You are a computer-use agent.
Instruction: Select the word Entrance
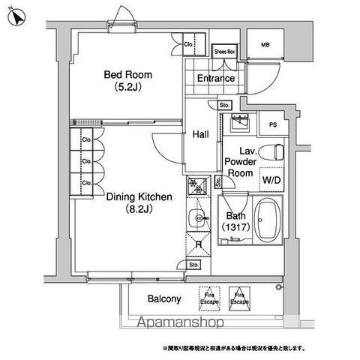click(215, 79)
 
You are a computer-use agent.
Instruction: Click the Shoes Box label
click(224, 52)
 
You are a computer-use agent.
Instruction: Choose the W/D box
click(271, 179)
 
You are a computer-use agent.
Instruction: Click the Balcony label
click(163, 299)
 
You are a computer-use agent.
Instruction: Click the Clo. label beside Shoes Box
click(190, 44)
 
